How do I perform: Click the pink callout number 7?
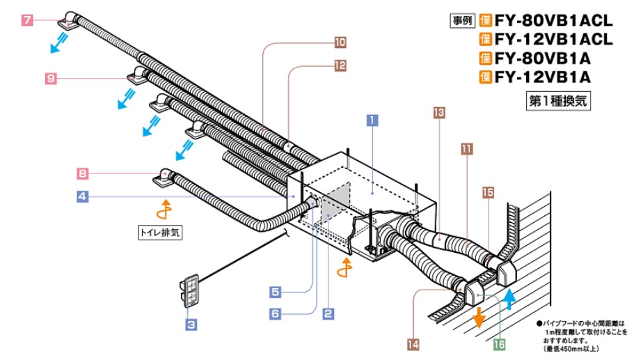(27, 20)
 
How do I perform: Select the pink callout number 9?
(51, 79)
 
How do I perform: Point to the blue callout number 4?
(82, 197)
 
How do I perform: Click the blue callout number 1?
(373, 119)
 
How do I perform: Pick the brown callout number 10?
(340, 42)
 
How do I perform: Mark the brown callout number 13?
(438, 111)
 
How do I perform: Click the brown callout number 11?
(466, 148)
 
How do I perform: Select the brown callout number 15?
(487, 191)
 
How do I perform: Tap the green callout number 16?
(498, 343)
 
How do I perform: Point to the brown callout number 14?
(413, 343)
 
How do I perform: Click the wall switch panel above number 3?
(189, 291)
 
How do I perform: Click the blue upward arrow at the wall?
(509, 298)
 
